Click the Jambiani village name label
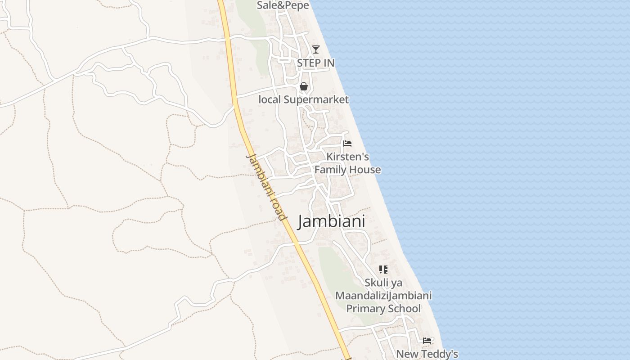pyautogui.click(x=331, y=221)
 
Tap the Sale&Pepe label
pyautogui.click(x=283, y=5)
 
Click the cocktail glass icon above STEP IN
pyautogui.click(x=316, y=49)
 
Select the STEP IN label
pyautogui.click(x=316, y=63)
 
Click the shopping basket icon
pyautogui.click(x=304, y=86)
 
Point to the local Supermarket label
pyautogui.click(x=304, y=99)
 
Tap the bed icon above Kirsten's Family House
pyautogui.click(x=347, y=144)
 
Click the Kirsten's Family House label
pyautogui.click(x=347, y=163)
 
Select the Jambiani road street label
pyautogui.click(x=266, y=187)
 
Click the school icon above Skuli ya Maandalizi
pyautogui.click(x=383, y=270)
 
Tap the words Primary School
pyautogui.click(x=383, y=309)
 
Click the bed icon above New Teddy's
pyautogui.click(x=427, y=341)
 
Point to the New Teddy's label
pyautogui.click(x=427, y=354)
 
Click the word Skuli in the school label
pyautogui.click(x=377, y=283)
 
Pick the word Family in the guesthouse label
pyautogui.click(x=332, y=170)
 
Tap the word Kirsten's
pyautogui.click(x=347, y=157)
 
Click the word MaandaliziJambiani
pyautogui.click(x=383, y=296)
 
